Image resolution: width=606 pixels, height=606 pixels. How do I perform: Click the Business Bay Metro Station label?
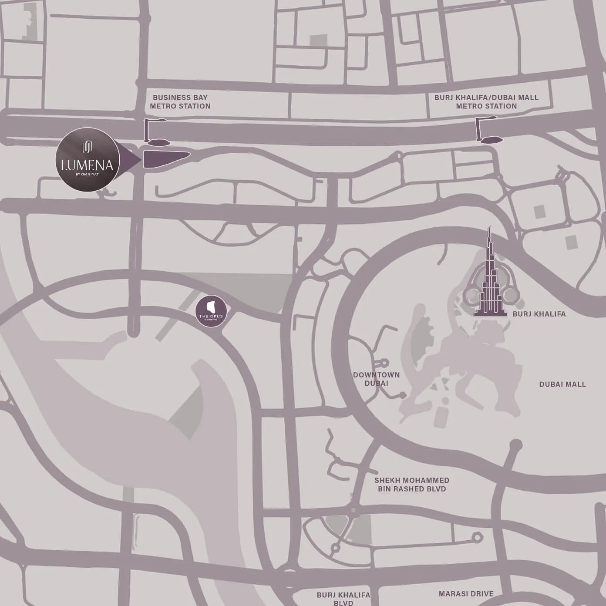180,102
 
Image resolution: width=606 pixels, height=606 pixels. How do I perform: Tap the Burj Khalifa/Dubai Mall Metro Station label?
486,102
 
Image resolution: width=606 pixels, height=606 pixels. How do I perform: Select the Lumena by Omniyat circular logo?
88,159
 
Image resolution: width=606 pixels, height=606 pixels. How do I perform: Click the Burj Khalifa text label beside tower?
539,314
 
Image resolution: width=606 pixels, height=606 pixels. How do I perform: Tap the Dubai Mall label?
562,384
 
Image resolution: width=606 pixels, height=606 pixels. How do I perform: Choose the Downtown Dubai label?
376,379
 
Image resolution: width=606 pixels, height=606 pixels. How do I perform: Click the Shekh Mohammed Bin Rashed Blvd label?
412,485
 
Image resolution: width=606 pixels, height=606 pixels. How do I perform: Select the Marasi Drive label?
466,594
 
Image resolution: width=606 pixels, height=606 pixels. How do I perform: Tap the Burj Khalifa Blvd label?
343,599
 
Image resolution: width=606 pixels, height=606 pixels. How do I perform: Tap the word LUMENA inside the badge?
87,165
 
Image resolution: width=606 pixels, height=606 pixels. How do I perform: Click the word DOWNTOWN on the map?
376,375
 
